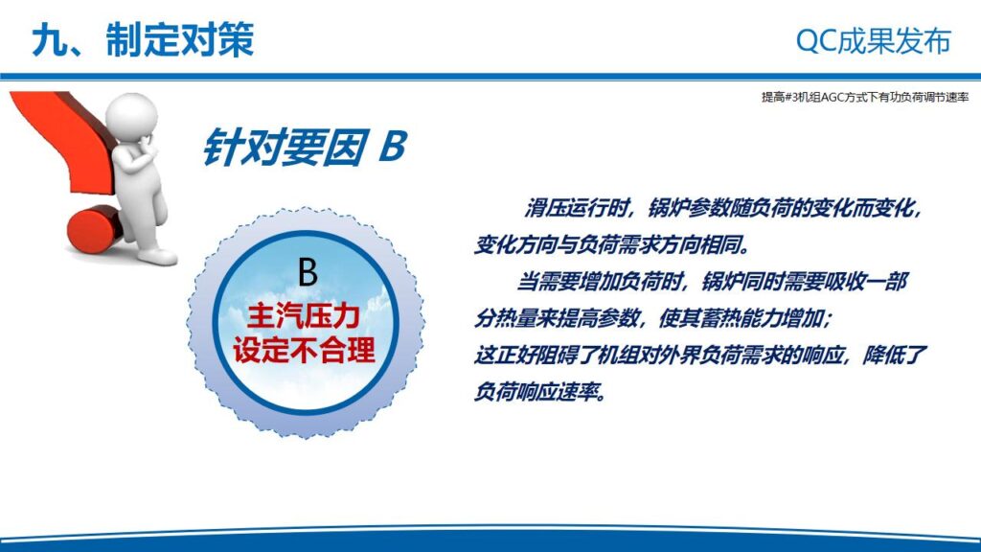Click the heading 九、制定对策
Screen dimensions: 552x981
143,39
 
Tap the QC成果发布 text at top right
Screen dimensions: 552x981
873,41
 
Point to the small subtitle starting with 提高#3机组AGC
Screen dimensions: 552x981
865,97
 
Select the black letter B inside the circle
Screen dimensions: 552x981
308,272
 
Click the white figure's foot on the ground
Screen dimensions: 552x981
157,256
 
